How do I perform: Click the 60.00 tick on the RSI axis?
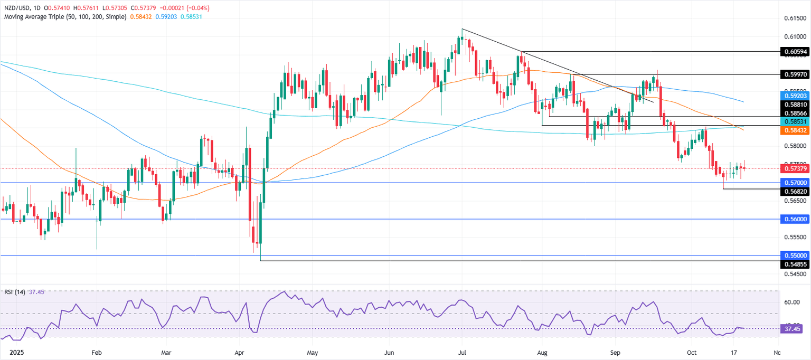(791, 302)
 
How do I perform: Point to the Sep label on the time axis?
(615, 350)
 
